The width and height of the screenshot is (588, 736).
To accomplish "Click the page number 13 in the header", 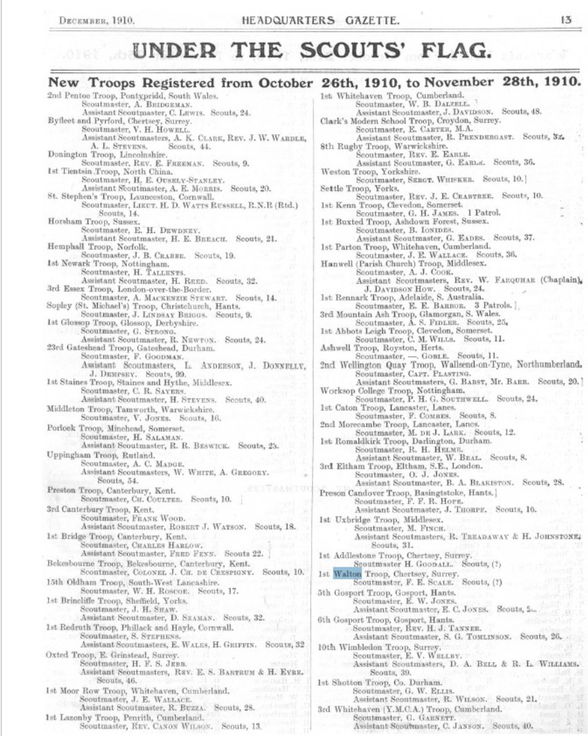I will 566,20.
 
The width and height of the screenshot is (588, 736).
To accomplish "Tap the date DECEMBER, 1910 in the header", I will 97,20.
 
